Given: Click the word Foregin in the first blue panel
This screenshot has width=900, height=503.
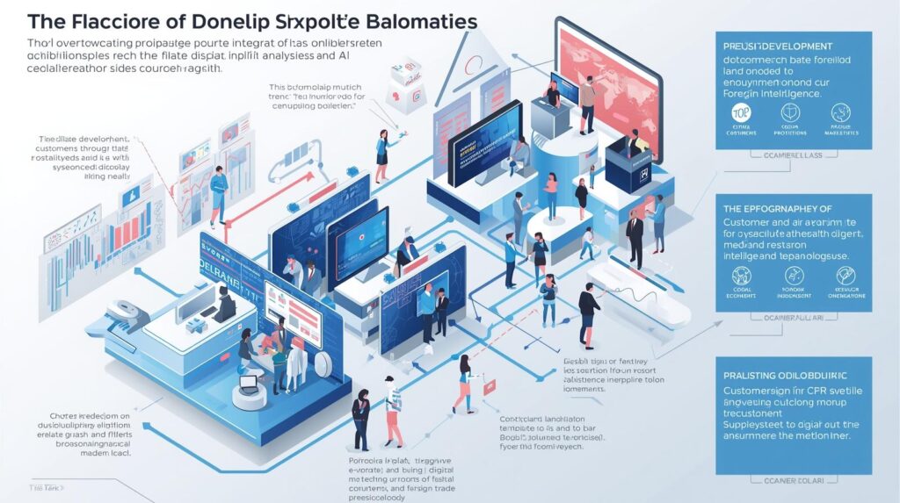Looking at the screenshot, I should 745,92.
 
